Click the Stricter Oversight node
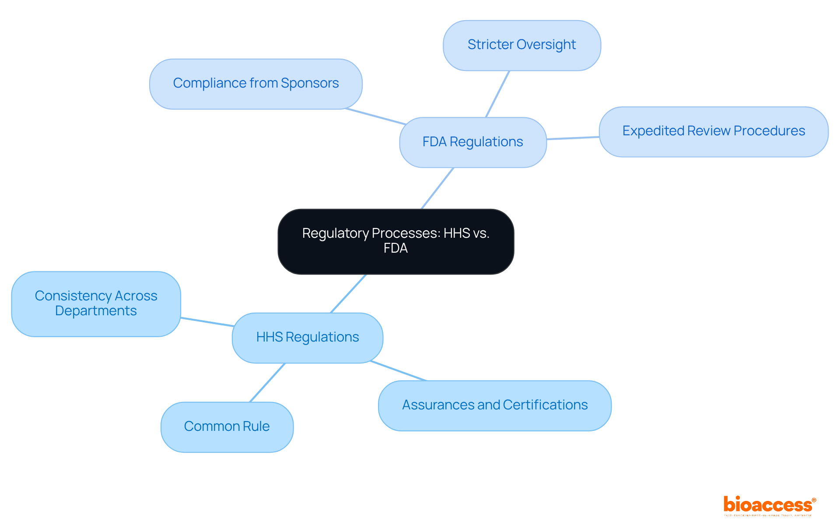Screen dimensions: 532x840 click(x=521, y=45)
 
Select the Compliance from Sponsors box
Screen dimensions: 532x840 click(x=255, y=84)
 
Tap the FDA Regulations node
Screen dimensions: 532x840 click(x=472, y=142)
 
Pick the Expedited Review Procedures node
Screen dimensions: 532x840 click(x=713, y=131)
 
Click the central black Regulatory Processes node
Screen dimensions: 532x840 click(x=395, y=241)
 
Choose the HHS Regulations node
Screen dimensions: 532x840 click(x=307, y=338)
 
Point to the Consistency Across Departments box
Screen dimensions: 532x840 click(x=96, y=304)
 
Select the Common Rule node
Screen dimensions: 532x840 click(x=227, y=427)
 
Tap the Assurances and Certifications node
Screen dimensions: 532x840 click(x=494, y=405)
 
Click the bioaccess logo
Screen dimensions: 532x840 click(x=769, y=505)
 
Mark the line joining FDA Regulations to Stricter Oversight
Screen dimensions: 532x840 click(x=497, y=94)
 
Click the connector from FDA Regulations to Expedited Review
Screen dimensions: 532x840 click(x=573, y=138)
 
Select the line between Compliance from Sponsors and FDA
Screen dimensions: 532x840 click(x=375, y=116)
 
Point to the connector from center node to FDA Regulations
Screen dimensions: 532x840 click(x=437, y=188)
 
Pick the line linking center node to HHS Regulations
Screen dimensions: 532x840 click(x=348, y=293)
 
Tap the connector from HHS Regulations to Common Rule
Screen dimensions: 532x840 click(x=267, y=382)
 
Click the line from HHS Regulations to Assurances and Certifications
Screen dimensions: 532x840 click(x=398, y=371)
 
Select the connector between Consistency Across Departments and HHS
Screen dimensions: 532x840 click(x=206, y=322)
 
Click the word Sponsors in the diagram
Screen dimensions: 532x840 click(x=310, y=83)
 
